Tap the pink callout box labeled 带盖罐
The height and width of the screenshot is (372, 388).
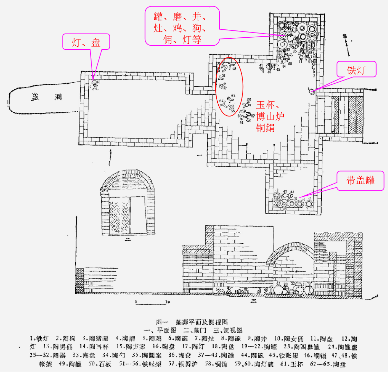[x=360, y=180]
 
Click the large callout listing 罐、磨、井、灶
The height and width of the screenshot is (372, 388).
[x=182, y=26]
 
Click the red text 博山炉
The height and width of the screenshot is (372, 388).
[x=271, y=116]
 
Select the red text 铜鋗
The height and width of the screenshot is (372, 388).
[x=265, y=127]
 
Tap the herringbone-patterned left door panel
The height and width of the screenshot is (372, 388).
[x=119, y=217]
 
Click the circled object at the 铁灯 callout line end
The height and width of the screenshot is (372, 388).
[x=311, y=91]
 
